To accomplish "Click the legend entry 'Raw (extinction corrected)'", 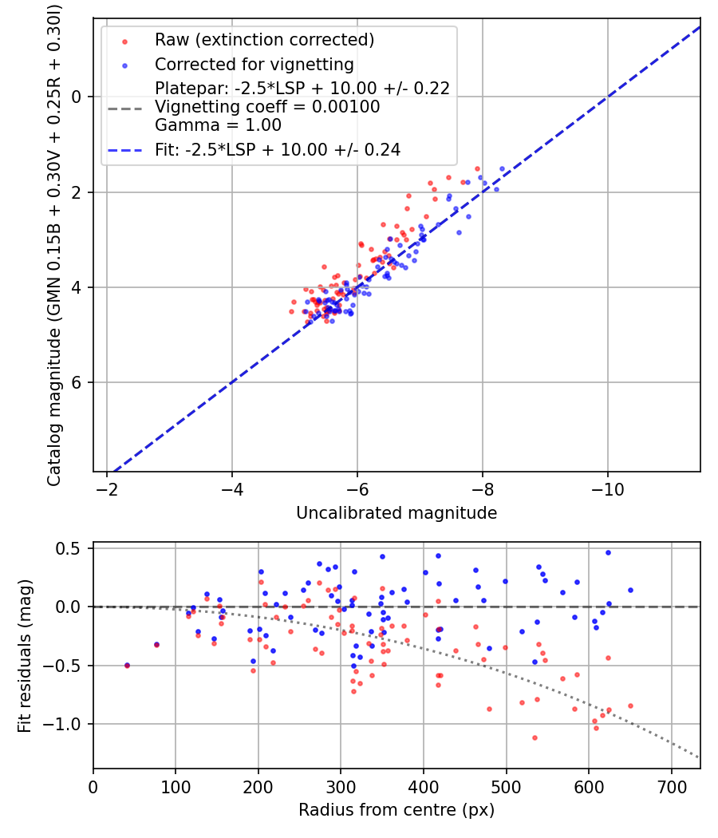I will (x=264, y=40).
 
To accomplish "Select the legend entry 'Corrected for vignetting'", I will (x=254, y=64).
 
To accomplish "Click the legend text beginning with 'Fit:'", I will (x=278, y=149).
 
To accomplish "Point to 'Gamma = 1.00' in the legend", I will (x=218, y=125).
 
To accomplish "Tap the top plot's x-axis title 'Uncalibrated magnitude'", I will (x=396, y=513).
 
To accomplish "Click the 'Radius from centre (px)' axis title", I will (x=396, y=810).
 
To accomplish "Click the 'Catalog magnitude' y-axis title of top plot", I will (x=54, y=243).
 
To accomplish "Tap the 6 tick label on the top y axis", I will (x=77, y=382).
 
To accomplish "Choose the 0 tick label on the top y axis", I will (x=77, y=97).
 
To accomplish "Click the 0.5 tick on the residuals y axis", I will (x=72, y=548).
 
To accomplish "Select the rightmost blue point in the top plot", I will (x=502, y=169).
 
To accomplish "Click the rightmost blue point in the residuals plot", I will (x=630, y=590).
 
